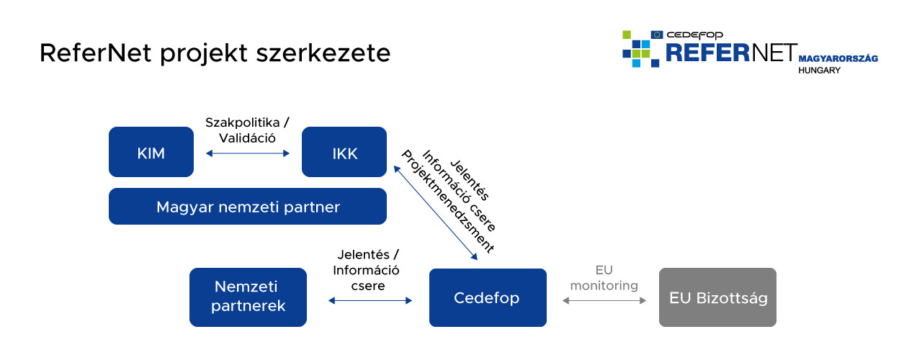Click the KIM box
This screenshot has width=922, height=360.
click(151, 152)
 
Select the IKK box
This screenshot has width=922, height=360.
click(344, 152)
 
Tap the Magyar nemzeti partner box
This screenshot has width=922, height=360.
click(248, 207)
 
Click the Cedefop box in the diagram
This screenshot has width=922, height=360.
click(487, 297)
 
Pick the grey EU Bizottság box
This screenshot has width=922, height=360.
click(717, 297)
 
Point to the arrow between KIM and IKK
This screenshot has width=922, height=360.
click(248, 153)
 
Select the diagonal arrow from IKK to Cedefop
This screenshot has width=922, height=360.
click(435, 212)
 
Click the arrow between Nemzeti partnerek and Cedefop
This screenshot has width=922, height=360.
click(370, 301)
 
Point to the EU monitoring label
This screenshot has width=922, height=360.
click(604, 278)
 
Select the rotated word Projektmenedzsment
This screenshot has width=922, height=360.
click(447, 202)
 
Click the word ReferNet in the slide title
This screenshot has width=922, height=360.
click(88, 53)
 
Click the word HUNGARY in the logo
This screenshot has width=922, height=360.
click(819, 71)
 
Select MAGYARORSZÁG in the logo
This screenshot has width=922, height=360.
click(838, 58)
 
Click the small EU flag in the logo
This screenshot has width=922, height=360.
click(657, 35)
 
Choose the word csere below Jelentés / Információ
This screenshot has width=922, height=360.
click(368, 286)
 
